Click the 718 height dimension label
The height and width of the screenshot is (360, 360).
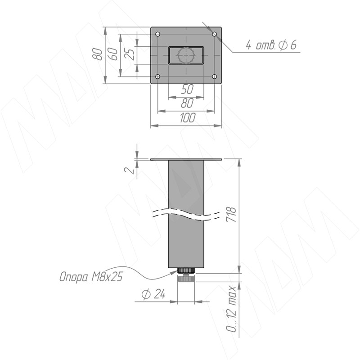point(231,215)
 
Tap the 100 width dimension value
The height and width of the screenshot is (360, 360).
point(188,117)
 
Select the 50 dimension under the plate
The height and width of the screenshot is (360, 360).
point(187,89)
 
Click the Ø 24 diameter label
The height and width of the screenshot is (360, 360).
point(153,294)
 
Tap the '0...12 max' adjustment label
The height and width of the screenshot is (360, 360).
point(231,309)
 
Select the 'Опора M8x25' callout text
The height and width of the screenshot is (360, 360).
point(91,276)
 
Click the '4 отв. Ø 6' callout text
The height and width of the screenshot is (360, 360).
point(271,45)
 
